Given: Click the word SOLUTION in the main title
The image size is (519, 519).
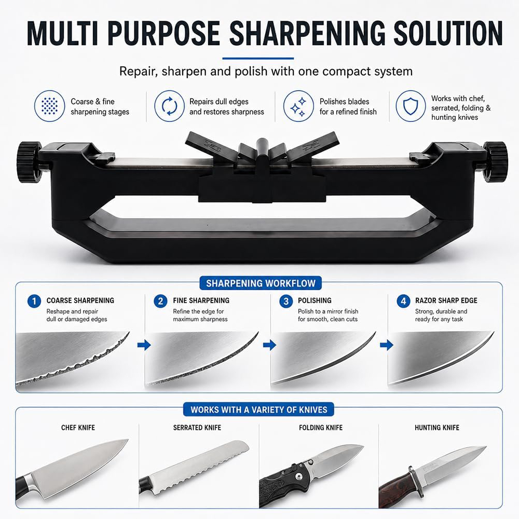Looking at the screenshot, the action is [448, 33].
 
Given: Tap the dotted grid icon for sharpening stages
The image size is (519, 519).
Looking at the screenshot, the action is [50, 106].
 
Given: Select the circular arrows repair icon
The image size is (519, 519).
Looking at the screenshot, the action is [170, 106].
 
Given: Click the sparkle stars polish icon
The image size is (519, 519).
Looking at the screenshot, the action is [298, 106].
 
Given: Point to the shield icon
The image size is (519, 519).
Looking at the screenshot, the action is [411, 106].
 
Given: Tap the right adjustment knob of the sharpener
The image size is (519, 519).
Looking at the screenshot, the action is [495, 162].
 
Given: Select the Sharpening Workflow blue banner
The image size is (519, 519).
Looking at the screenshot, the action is [261, 283].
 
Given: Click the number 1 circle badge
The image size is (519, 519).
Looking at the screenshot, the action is [34, 301].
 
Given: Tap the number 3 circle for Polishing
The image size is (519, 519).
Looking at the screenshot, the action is [286, 301].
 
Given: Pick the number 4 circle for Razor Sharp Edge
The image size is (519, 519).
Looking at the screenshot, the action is [403, 301].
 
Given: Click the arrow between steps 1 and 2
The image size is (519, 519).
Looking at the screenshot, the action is [144, 345].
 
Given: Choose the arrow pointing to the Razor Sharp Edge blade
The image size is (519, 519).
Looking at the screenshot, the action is [387, 345].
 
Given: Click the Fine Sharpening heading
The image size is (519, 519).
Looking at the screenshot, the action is [201, 301].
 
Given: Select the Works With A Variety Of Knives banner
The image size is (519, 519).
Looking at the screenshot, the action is [258, 409].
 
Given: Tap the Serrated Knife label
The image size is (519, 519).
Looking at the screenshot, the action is [197, 428].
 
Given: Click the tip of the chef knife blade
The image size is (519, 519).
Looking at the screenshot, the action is [128, 440].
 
